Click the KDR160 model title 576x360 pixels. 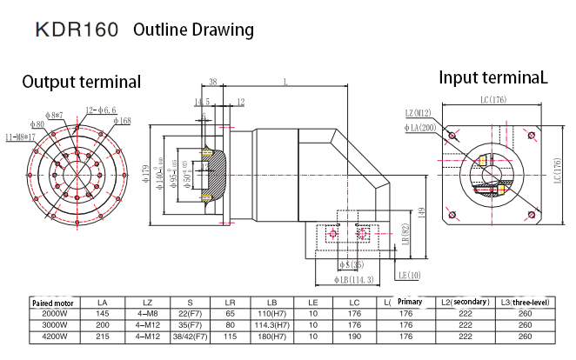pos(77,30)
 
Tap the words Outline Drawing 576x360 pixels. pos(193,30)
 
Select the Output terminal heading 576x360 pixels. pos(81,83)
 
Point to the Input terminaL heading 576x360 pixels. pos(493,77)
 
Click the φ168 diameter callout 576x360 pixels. pos(122,122)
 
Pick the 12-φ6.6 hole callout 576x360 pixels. pos(101,110)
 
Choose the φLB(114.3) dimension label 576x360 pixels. pos(353,280)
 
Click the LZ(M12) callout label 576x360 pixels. pos(419,113)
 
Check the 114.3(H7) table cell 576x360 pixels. pos(272,323)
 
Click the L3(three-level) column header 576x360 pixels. pos(525,301)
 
